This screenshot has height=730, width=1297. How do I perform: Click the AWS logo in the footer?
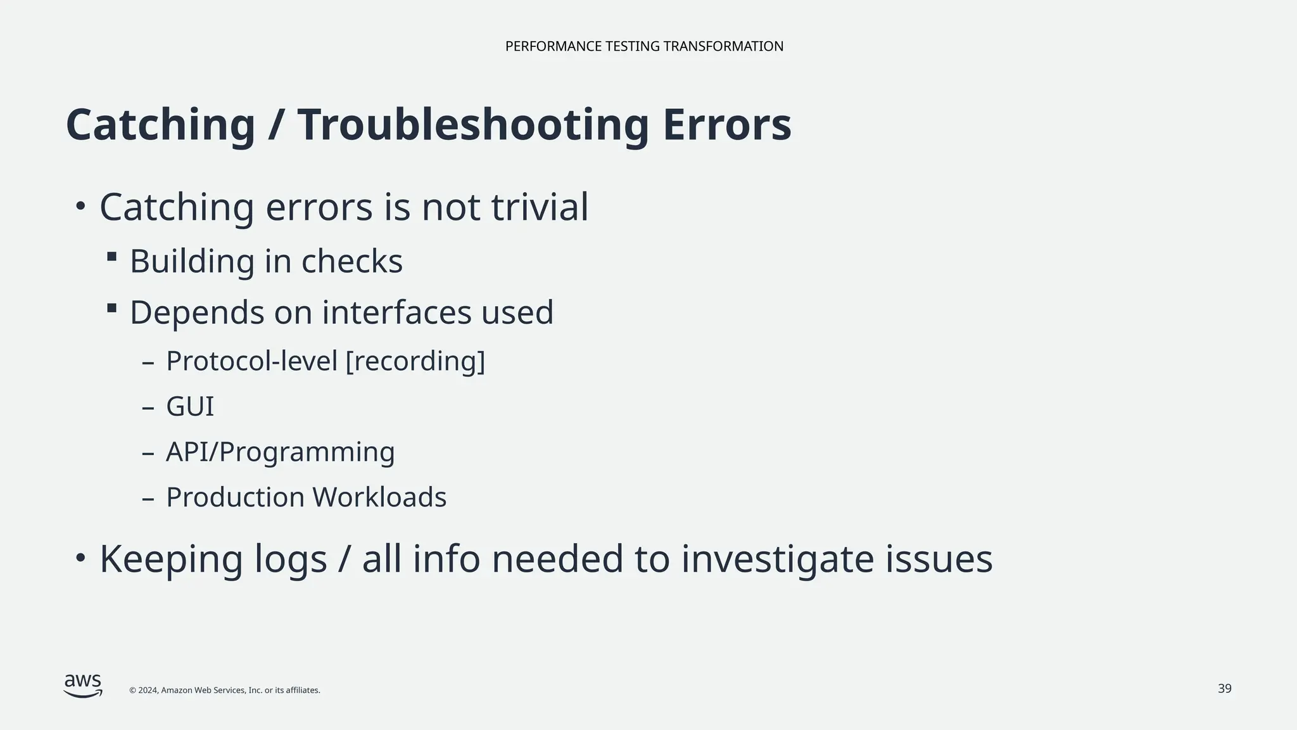coord(83,686)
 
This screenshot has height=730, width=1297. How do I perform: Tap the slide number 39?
coord(1224,689)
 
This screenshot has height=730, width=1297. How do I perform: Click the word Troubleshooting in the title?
coord(473,125)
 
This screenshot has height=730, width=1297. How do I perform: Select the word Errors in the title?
coord(727,125)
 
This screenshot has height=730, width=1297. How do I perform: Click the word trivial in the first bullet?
coord(540,207)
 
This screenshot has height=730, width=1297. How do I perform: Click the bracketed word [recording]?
coord(415,361)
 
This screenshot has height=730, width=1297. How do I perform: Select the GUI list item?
coord(190,407)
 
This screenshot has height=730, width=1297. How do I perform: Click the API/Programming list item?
coord(280,452)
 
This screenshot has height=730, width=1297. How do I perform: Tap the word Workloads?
coord(379,497)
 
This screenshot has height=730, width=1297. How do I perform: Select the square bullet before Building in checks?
coord(112,257)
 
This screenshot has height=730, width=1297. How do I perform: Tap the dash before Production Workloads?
coord(148,499)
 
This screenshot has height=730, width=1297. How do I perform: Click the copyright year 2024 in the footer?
coord(148,690)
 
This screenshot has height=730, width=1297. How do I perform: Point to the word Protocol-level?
coord(251,361)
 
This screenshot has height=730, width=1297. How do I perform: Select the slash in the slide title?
coord(275,125)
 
